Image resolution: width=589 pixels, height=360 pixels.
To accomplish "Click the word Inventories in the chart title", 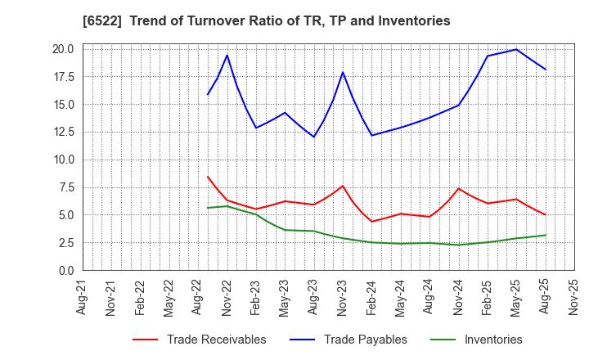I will pyautogui.click(x=415, y=20).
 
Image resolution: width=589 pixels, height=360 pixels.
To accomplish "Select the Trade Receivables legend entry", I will pyautogui.click(x=216, y=340).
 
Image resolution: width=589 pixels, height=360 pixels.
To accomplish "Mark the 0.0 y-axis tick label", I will pyautogui.click(x=65, y=271).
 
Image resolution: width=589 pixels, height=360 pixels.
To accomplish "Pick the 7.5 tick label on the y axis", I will pyautogui.click(x=65, y=187).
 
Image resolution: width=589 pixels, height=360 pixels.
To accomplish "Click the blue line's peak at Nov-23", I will pyautogui.click(x=343, y=72).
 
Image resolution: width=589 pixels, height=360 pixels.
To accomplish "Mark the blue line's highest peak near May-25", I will pyautogui.click(x=516, y=49).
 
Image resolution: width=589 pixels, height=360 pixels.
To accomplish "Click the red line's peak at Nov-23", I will pyautogui.click(x=343, y=186).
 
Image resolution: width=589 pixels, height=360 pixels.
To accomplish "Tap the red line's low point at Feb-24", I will pyautogui.click(x=372, y=222).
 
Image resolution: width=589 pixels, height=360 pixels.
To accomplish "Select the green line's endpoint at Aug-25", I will pyautogui.click(x=546, y=235).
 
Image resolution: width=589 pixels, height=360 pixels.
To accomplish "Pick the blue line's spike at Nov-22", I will pyautogui.click(x=227, y=55).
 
